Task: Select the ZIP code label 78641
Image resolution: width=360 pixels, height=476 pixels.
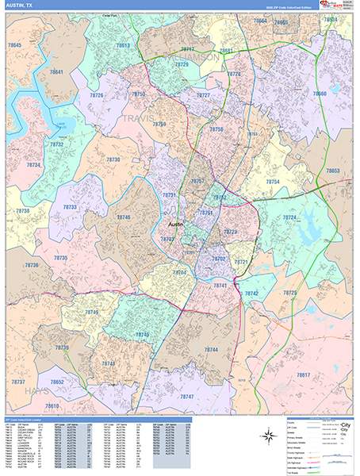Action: tap(56, 72)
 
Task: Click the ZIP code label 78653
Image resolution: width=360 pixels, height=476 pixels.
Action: tap(333, 171)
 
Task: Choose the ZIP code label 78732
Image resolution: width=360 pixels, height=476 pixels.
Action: tap(57, 145)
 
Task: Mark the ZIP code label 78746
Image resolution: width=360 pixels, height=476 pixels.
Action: tap(123, 217)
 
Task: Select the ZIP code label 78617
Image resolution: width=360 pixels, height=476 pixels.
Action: tap(304, 374)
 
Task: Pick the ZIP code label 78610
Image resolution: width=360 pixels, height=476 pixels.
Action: tap(52, 405)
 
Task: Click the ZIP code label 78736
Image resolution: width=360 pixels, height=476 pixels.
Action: tap(32, 265)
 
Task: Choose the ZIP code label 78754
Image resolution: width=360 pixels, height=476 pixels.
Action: tap(272, 182)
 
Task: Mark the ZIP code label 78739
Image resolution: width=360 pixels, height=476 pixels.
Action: tap(62, 347)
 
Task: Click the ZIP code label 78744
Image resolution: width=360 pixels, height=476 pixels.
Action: tap(211, 349)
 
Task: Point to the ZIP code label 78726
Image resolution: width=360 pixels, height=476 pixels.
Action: tap(96, 94)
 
